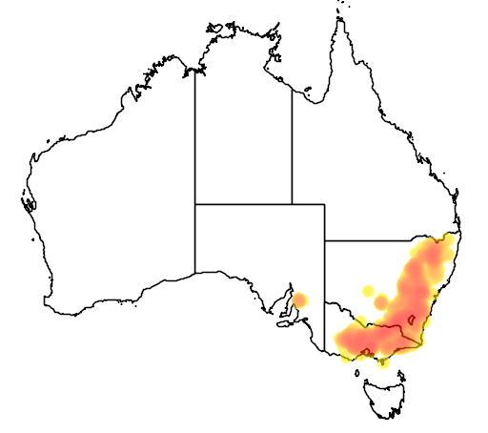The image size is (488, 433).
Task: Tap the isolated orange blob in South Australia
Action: [x=299, y=300]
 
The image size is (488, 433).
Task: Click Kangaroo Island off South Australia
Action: [x=283, y=323]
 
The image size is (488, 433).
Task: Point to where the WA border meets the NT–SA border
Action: [x=195, y=203]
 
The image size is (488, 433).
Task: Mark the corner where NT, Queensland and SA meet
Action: [x=292, y=203]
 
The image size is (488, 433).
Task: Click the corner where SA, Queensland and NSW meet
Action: [x=325, y=240]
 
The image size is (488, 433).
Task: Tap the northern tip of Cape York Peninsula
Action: [x=336, y=21]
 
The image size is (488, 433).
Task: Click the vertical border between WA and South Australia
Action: [x=195, y=238]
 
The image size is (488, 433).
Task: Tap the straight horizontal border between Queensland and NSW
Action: [x=381, y=240]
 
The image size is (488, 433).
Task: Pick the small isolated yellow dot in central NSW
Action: [x=381, y=302]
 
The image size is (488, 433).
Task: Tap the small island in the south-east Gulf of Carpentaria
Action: [x=310, y=93]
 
